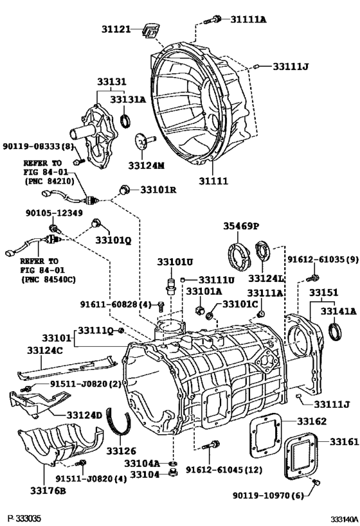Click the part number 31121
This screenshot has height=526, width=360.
tap(118, 29)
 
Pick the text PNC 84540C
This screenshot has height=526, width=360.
tap(48, 279)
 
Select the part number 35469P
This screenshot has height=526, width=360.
tap(240, 226)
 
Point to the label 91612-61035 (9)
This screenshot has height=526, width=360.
tap(323, 261)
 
